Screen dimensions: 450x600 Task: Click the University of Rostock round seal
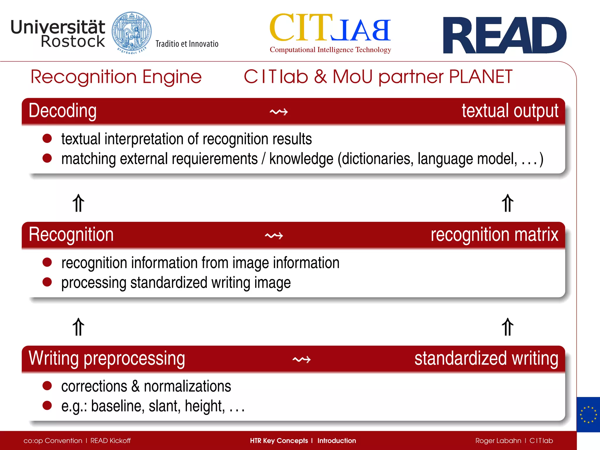click(132, 33)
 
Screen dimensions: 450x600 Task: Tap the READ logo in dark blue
click(504, 35)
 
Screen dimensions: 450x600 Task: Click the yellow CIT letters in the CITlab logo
click(301, 28)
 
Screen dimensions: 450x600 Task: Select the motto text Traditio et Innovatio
click(187, 44)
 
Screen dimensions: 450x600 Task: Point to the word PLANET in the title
click(480, 77)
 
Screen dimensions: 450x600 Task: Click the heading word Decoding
click(63, 111)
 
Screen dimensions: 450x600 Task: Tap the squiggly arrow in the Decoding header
click(279, 112)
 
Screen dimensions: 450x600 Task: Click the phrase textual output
click(510, 111)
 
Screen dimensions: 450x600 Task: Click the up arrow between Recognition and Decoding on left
click(79, 203)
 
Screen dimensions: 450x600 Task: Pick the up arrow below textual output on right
click(507, 203)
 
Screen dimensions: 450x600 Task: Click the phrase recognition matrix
click(494, 235)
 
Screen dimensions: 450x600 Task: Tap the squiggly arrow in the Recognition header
click(274, 236)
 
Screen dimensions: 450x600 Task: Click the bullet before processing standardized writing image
click(47, 282)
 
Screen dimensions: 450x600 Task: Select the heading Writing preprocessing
click(107, 358)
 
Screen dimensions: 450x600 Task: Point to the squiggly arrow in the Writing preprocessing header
click(301, 359)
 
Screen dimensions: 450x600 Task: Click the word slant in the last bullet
click(164, 406)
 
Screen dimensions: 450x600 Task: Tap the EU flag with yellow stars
click(588, 415)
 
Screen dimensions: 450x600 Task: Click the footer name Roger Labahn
click(498, 441)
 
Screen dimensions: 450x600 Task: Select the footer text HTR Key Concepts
click(279, 441)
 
